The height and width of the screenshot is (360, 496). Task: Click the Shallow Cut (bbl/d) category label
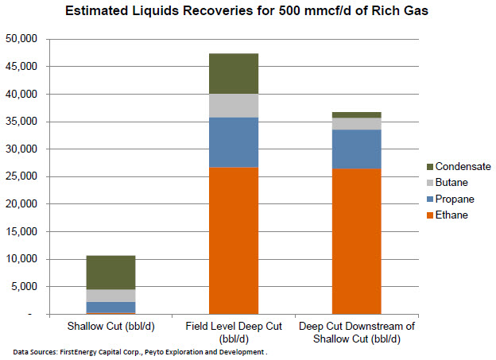110,327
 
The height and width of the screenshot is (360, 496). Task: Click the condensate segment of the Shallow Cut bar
110,273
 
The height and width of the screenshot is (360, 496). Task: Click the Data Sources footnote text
139,350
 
